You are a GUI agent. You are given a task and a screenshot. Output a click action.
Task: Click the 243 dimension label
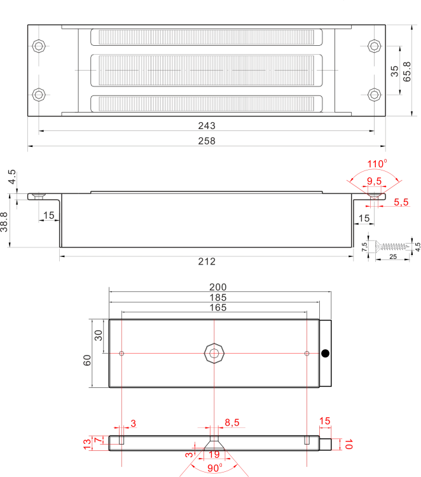click(207, 126)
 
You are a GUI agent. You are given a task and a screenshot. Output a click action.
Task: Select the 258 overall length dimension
click(207, 141)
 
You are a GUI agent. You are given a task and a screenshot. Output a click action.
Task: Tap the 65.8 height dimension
click(407, 72)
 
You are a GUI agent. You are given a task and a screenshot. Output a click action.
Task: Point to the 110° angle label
click(377, 163)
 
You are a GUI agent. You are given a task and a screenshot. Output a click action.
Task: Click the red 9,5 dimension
click(374, 181)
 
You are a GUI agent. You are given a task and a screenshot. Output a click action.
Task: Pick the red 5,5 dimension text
click(401, 202)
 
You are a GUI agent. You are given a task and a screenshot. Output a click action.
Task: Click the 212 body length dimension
click(207, 261)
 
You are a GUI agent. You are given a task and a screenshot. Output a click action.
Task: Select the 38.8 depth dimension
click(4, 222)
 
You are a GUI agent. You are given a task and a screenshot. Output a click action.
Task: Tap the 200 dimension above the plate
click(217, 287)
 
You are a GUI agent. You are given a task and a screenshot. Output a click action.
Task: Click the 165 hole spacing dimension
click(217, 308)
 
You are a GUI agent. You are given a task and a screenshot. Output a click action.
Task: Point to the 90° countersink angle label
click(215, 468)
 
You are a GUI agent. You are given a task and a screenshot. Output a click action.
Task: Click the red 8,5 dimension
click(232, 422)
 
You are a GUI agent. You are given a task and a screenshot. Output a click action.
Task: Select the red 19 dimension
click(214, 455)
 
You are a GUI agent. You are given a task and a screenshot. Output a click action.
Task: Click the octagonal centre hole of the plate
click(214, 353)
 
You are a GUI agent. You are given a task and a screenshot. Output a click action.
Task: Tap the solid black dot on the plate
click(325, 354)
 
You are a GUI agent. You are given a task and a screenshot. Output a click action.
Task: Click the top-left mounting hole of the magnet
click(39, 46)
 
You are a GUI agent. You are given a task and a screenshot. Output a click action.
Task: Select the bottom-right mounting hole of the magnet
click(374, 95)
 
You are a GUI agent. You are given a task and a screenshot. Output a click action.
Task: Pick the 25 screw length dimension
click(393, 256)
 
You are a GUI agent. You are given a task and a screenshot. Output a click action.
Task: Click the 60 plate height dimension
click(87, 360)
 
